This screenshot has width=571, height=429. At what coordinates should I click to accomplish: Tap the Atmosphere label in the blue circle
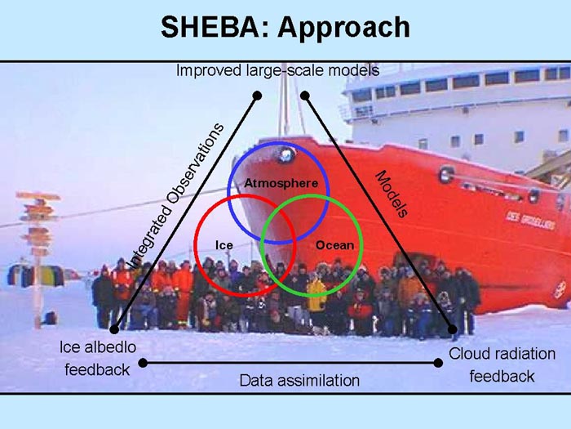point(281,183)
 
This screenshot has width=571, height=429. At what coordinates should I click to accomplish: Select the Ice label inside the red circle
point(224,245)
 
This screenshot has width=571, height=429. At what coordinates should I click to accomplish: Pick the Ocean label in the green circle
point(334,245)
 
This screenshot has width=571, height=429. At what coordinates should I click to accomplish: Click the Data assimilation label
point(299,381)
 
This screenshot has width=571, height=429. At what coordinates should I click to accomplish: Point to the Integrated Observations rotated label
point(176,196)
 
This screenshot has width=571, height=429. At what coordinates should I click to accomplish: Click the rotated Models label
point(392,194)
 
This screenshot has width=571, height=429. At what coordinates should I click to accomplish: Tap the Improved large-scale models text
point(277,70)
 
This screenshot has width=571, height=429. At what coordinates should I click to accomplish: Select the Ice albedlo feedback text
point(98,358)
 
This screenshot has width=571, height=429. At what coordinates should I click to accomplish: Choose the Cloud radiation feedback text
point(502,364)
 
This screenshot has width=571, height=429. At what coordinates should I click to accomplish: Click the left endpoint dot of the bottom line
point(143,363)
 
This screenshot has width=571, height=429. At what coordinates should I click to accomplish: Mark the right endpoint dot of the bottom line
point(439,363)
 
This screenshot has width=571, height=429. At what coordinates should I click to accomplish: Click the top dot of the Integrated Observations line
point(257,96)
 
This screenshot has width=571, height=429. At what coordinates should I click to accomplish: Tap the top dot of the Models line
point(305,96)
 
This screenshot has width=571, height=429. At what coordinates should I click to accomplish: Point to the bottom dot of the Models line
point(452,329)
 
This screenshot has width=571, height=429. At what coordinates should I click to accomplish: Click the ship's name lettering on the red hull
point(530,220)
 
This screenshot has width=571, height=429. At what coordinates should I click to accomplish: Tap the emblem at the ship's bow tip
point(285,154)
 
